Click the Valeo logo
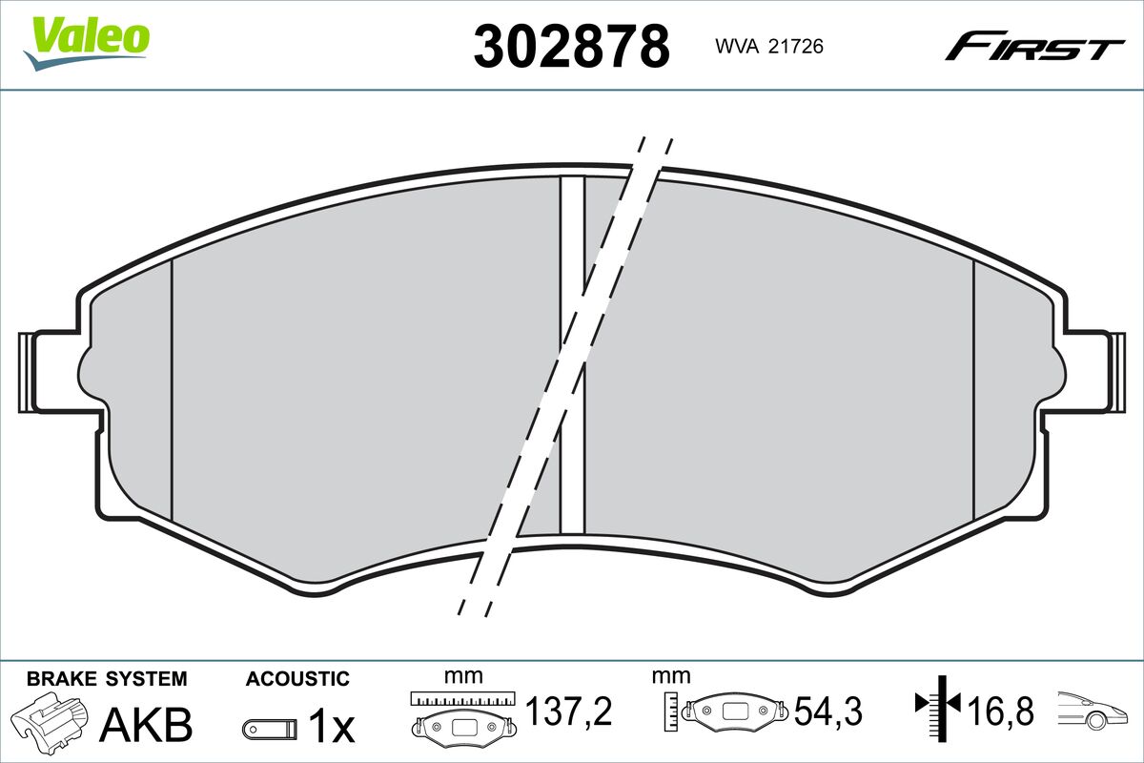pyautogui.click(x=87, y=44)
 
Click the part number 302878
pyautogui.click(x=571, y=47)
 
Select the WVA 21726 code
pyautogui.click(x=769, y=47)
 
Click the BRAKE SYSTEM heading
pyautogui.click(x=107, y=679)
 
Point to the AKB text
pyautogui.click(x=146, y=725)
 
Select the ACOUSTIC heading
pyautogui.click(x=297, y=679)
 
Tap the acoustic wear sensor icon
pyautogui.click(x=270, y=730)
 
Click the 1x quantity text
pyautogui.click(x=332, y=725)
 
